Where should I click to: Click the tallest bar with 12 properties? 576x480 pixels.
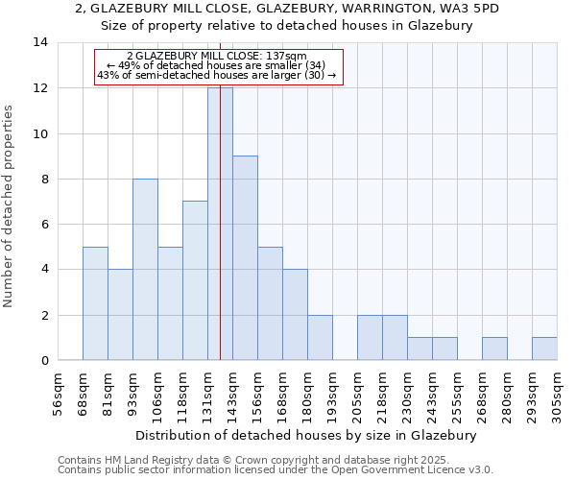[x=220, y=224]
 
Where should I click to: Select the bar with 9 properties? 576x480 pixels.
[x=245, y=258]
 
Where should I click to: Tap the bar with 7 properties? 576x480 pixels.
[x=195, y=280]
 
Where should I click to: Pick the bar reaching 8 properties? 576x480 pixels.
[x=145, y=270]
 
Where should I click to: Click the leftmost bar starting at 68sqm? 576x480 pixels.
[x=95, y=303]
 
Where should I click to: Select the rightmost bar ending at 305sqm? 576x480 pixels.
[x=544, y=348]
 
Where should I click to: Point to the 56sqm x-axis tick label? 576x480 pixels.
[x=59, y=394]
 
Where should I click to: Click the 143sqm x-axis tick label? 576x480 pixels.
[x=233, y=394]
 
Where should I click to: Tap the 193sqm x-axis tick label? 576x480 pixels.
[x=333, y=394]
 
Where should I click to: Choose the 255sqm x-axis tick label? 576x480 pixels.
[x=458, y=394]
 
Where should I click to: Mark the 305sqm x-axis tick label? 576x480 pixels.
[x=558, y=394]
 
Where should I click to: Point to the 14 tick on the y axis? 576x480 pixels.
[x=40, y=42]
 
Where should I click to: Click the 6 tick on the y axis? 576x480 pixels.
[x=44, y=225]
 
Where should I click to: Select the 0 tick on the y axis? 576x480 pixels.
[x=44, y=361]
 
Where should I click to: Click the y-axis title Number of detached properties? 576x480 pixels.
[x=10, y=206]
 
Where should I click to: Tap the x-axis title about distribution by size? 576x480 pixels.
[x=306, y=435]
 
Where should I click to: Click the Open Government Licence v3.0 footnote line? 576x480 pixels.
[x=276, y=470]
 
